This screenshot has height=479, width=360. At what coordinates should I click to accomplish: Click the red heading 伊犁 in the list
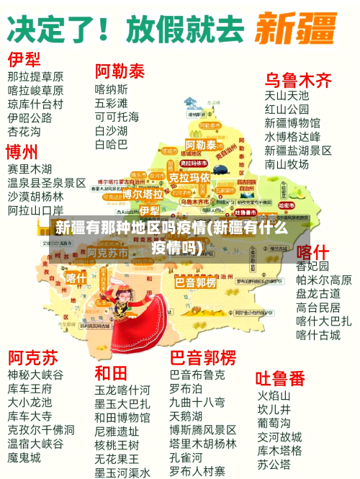25,58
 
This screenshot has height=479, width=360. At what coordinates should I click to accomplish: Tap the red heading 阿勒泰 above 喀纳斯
120,71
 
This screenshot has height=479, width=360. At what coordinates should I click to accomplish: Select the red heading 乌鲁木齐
298,79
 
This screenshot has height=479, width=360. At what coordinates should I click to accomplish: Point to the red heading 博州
22,152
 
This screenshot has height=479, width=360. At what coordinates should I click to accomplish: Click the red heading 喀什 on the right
313,252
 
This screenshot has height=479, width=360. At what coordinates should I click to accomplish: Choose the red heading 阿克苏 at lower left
33,357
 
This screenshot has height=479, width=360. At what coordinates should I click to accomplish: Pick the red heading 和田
111,373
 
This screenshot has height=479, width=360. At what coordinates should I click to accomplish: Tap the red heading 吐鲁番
281,378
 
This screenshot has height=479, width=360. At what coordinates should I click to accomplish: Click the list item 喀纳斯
111,89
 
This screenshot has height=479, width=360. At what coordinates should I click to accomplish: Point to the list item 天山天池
287,95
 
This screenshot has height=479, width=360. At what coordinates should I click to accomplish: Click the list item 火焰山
274,395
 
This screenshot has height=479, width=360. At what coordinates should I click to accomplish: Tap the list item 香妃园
312,266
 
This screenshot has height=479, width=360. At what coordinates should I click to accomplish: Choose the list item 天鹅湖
186,416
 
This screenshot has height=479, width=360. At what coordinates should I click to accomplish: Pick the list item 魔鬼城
24,457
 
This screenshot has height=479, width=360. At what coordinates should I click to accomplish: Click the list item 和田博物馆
122,418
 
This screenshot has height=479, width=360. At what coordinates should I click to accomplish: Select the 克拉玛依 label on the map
189,176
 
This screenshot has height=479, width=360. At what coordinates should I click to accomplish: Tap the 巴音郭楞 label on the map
195,283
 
